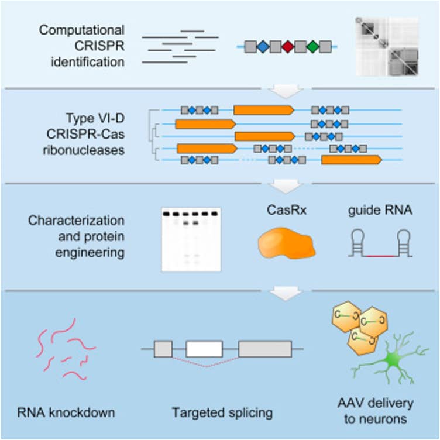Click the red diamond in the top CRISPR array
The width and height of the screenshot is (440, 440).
coord(288,47)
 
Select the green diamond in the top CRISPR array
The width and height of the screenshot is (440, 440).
coord(313,47)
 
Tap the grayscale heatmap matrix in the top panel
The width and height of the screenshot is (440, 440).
coord(387,47)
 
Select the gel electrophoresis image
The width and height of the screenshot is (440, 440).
coord(191,239)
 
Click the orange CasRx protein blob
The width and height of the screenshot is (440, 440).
coord(286,244)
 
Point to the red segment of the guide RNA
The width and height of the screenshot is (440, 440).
coord(379,256)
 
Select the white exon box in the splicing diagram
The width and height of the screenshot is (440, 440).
coord(204,349)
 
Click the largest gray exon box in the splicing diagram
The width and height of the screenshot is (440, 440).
coord(264,349)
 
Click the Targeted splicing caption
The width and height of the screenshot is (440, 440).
coord(222,413)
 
